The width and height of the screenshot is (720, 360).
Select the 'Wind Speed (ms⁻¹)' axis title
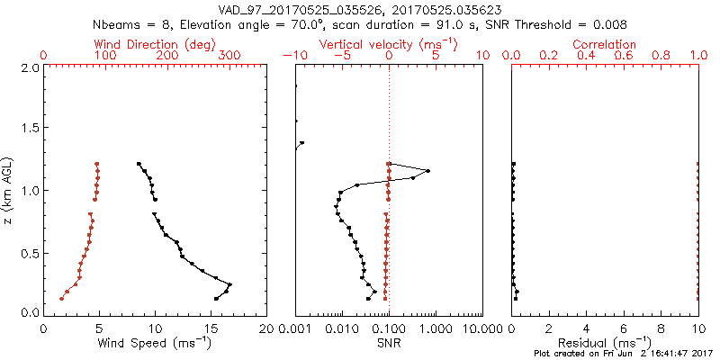point(155,343)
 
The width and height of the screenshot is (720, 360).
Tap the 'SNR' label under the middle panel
point(389,343)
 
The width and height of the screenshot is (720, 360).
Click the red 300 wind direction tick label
point(229,56)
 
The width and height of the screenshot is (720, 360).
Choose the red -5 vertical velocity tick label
point(342,56)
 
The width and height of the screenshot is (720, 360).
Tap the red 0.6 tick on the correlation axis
point(625,56)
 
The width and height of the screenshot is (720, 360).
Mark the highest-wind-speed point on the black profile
point(230,285)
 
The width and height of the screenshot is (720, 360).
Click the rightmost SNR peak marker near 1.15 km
point(427,171)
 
